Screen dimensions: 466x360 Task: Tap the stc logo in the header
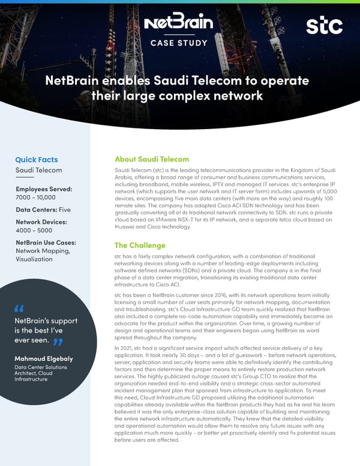(x=324, y=26)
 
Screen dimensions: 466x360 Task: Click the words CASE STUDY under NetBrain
(x=179, y=43)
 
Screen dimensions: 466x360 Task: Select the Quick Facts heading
(x=37, y=160)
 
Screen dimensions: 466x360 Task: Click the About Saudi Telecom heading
(x=152, y=159)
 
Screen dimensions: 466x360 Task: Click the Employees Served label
(x=44, y=189)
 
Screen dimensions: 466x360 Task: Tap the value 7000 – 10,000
(x=35, y=198)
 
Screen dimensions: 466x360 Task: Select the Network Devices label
(x=41, y=222)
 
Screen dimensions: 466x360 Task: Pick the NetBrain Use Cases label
(x=45, y=243)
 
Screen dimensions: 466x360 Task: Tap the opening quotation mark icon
(x=19, y=309)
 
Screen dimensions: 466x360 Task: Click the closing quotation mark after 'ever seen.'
(x=58, y=342)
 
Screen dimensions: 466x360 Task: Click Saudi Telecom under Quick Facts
(x=38, y=171)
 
